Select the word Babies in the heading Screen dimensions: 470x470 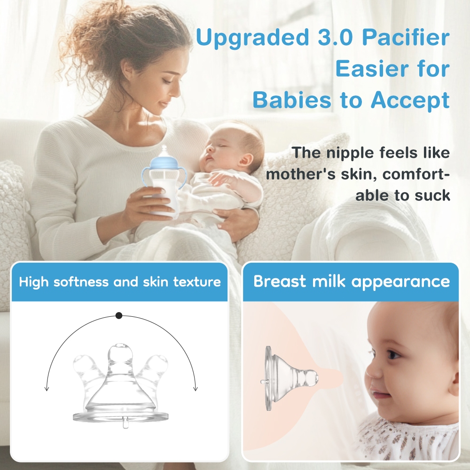(x=292, y=100)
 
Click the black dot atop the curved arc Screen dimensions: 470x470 (x=119, y=315)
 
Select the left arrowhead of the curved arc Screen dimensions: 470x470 (x=47, y=389)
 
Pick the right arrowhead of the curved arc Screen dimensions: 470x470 (x=196, y=389)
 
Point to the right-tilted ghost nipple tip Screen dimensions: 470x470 (x=158, y=361)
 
